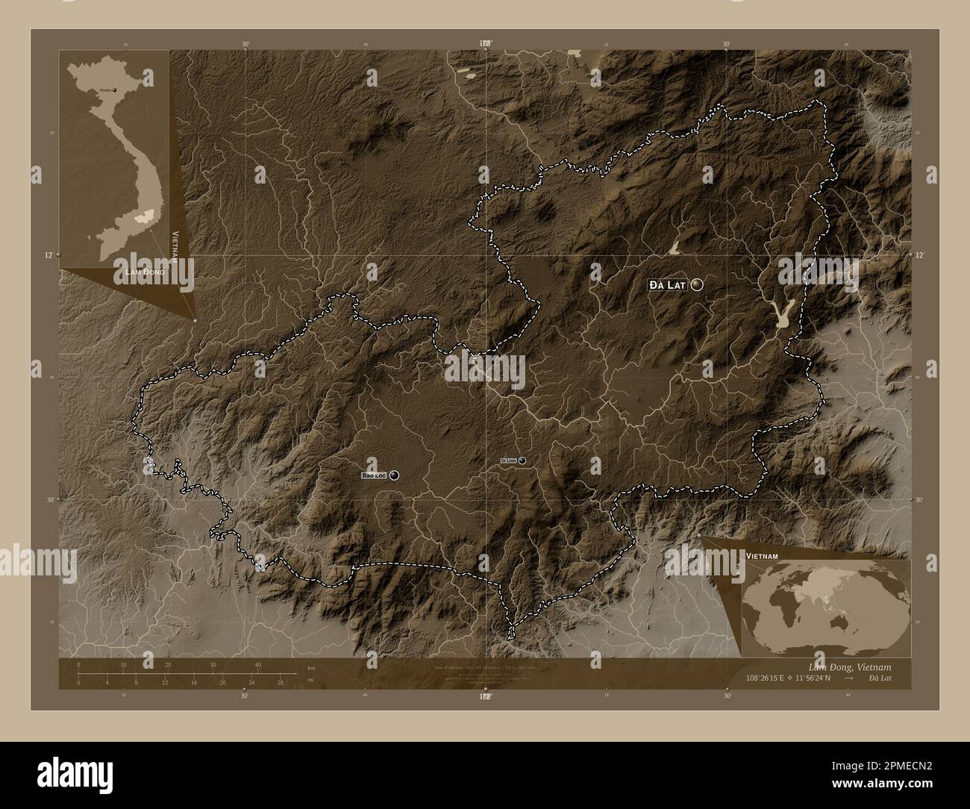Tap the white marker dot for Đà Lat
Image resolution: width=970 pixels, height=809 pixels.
coord(697,284)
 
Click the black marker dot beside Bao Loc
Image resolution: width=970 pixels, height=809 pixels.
coord(393,475)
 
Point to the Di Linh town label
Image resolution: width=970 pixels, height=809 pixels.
coord(508,461)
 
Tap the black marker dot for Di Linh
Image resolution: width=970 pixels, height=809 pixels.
coord(522,460)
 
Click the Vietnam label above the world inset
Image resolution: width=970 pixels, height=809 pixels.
coord(761,557)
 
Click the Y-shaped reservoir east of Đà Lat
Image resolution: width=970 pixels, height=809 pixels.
coord(782,316)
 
